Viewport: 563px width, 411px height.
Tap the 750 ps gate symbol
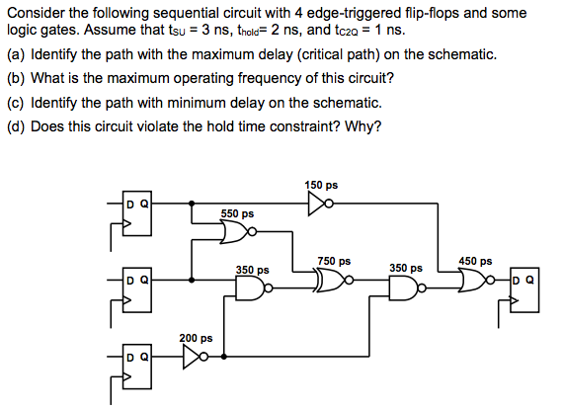click(330, 283)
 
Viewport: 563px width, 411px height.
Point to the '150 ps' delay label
click(321, 185)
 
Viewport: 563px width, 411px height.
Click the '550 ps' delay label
click(237, 212)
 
